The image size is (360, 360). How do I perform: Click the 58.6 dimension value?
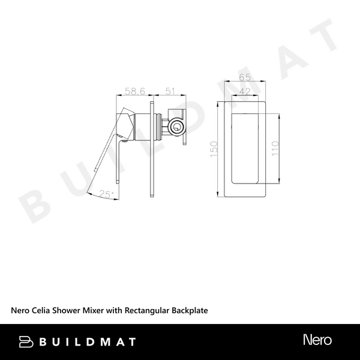[135, 91]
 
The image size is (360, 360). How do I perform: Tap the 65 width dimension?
[244, 77]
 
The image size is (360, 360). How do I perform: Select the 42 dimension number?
[244, 91]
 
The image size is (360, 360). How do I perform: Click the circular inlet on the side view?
[176, 127]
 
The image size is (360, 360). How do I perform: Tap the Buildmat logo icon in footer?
[26, 341]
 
